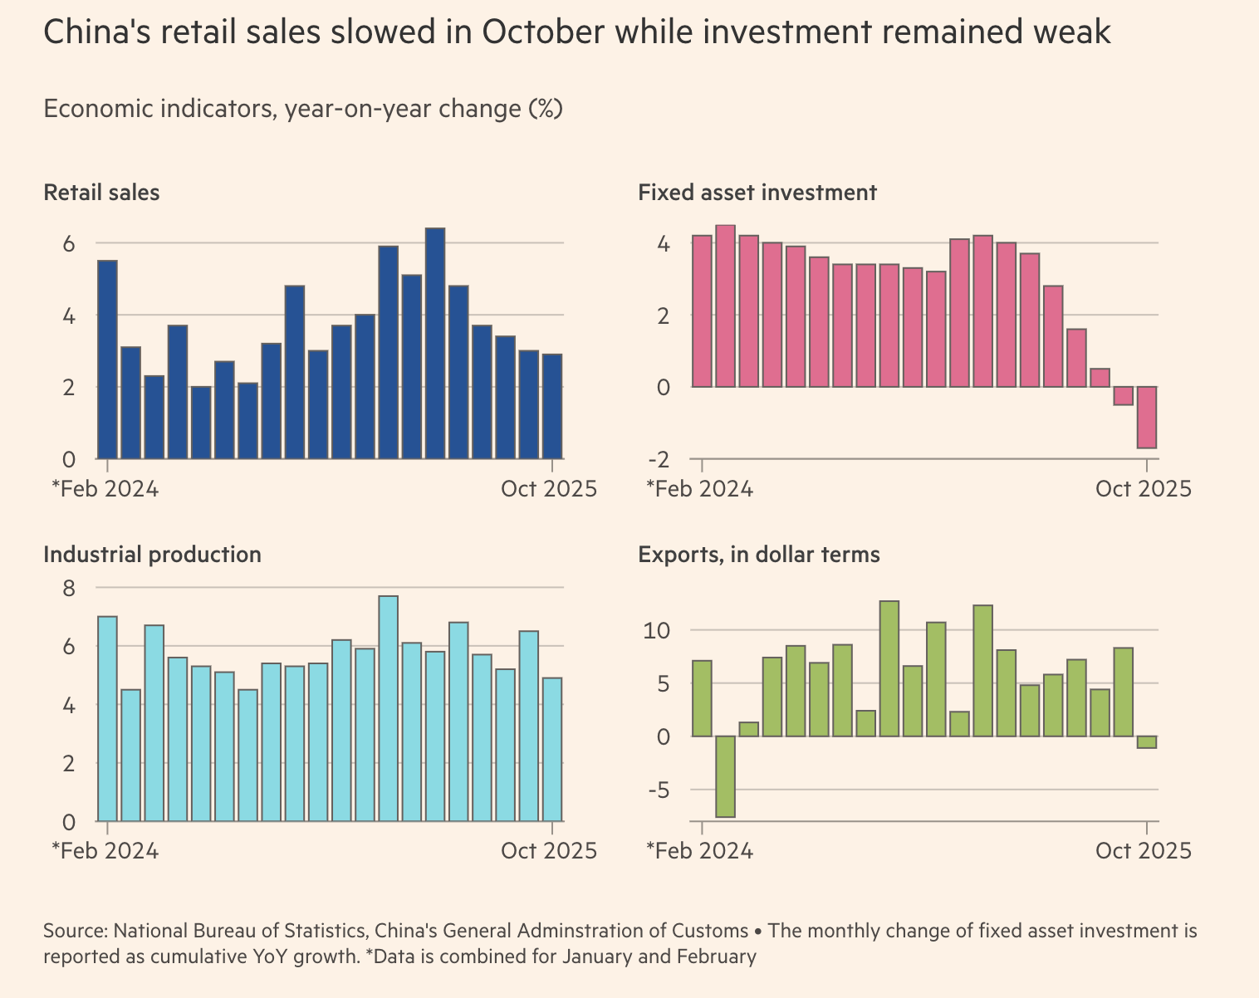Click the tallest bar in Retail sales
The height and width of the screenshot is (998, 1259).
tap(435, 343)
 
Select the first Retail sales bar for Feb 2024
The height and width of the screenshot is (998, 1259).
tap(107, 360)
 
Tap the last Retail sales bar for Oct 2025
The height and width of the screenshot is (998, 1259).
tap(552, 406)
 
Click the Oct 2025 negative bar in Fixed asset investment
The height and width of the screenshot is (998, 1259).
tap(1147, 417)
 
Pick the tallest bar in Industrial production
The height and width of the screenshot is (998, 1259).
tap(388, 708)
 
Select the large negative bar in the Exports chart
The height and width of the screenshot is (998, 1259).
tap(725, 776)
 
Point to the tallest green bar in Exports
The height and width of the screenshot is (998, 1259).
tap(889, 668)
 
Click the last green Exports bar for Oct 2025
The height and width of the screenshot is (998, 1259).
tap(1147, 742)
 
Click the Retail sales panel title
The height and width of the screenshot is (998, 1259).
tap(101, 193)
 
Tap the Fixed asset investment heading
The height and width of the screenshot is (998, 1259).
tap(757, 193)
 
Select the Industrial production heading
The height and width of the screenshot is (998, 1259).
tap(152, 555)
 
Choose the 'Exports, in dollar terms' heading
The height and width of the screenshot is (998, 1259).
tap(758, 555)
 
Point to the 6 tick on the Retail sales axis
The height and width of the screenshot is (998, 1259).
tap(69, 244)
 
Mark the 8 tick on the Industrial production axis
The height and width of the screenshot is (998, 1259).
tap(69, 588)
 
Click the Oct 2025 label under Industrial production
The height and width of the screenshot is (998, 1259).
tap(548, 851)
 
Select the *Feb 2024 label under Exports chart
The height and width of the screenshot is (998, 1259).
tap(699, 851)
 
